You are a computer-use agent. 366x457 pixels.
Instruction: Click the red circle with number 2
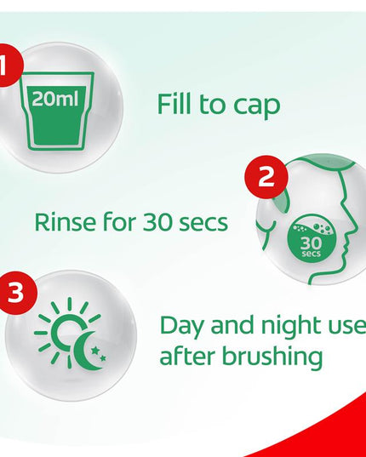(x=266, y=177)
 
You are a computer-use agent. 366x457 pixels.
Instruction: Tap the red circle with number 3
(x=16, y=293)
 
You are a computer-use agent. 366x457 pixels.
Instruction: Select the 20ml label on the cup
(x=55, y=99)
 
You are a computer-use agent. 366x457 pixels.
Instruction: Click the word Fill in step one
(x=174, y=104)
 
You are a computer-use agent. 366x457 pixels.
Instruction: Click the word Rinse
(x=65, y=222)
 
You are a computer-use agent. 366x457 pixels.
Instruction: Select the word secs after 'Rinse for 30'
(x=203, y=224)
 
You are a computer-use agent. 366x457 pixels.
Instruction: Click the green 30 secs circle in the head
(x=312, y=239)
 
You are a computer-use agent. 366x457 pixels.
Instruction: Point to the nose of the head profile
(x=353, y=230)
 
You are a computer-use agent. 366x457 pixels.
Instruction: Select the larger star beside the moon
(x=94, y=350)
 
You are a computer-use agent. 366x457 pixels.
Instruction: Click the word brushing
(x=272, y=357)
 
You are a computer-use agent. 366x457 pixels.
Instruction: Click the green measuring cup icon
(x=58, y=111)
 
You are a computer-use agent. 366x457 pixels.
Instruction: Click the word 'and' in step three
(x=232, y=325)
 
